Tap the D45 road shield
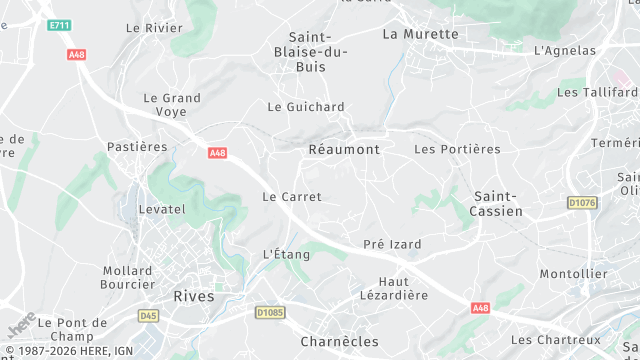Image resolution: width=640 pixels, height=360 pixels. click(x=149, y=316)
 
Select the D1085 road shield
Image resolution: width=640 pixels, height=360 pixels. click(x=271, y=313)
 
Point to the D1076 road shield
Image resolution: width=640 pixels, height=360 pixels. click(x=581, y=203)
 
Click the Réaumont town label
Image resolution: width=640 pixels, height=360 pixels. click(x=343, y=149)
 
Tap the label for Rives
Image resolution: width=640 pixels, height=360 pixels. click(x=194, y=296)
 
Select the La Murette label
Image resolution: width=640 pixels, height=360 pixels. click(x=420, y=34)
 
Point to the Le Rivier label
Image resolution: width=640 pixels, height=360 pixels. click(x=154, y=28)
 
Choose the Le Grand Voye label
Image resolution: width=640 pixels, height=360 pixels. click(x=172, y=105)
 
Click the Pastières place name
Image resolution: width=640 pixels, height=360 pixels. click(x=137, y=147)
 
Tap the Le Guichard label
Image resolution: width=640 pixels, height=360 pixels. click(x=306, y=107)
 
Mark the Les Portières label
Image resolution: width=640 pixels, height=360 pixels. click(x=457, y=149)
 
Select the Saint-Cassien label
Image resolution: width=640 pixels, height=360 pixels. click(x=498, y=204)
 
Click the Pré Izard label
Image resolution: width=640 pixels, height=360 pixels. click(x=392, y=244)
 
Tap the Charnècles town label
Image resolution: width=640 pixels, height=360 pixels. click(x=340, y=341)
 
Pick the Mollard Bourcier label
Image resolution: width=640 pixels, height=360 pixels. click(x=127, y=277)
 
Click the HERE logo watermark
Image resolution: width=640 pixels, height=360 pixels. click(x=22, y=326)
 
